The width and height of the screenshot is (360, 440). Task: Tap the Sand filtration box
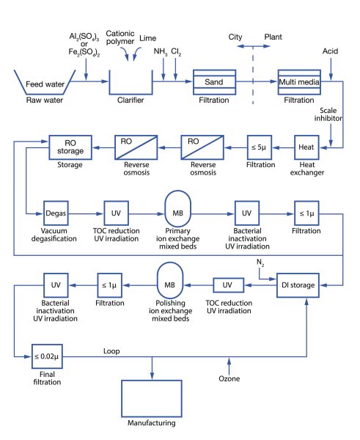(x=214, y=83)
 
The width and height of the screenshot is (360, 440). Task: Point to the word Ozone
(x=229, y=378)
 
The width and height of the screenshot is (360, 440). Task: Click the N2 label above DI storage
(x=260, y=262)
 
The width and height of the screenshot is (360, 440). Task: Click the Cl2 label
(x=176, y=52)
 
